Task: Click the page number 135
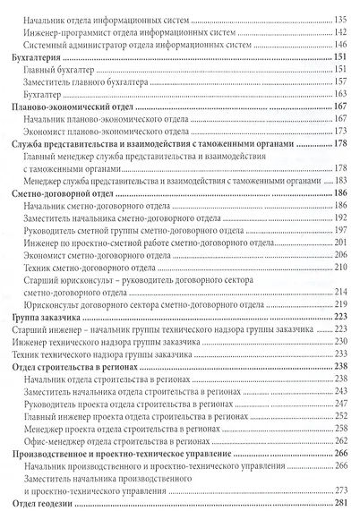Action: (340, 18)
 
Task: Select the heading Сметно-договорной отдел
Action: (61, 193)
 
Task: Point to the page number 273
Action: (340, 490)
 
